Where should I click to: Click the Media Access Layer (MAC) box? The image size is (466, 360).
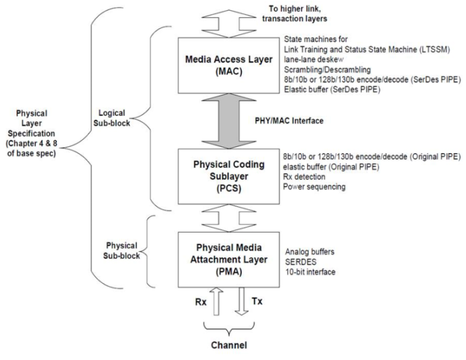click(225, 64)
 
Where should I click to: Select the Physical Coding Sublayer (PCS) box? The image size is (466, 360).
click(225, 176)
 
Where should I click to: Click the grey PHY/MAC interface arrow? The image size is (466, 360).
click(225, 120)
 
